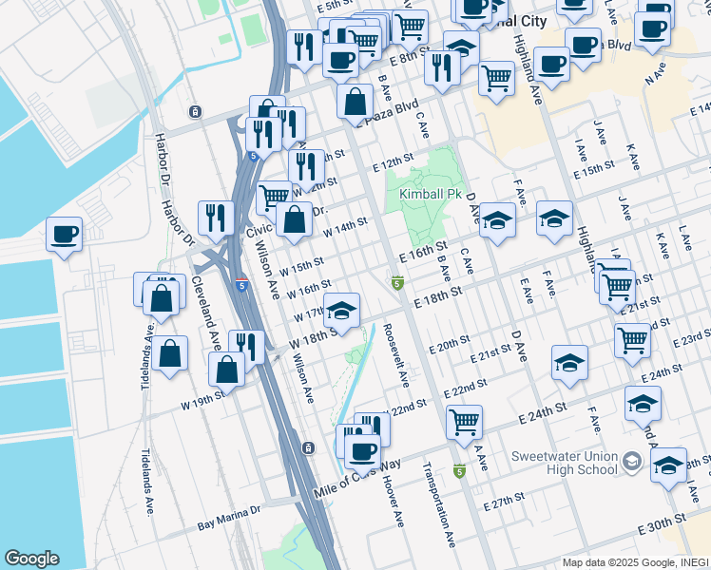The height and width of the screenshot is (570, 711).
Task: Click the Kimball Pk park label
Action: (x=424, y=194)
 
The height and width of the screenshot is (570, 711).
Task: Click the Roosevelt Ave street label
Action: (x=397, y=354)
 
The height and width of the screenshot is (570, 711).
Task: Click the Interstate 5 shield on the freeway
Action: (x=241, y=283)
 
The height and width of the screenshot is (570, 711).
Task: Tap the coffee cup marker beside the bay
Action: (x=65, y=234)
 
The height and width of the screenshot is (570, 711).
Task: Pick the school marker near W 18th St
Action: (x=342, y=310)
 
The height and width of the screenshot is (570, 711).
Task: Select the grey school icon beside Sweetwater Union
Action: (x=630, y=463)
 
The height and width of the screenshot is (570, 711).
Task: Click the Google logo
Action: (x=31, y=559)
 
